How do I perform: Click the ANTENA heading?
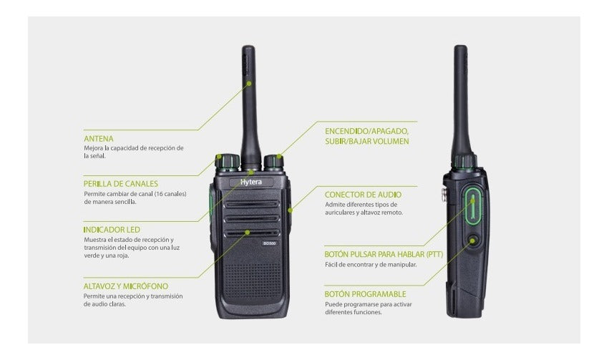(99, 139)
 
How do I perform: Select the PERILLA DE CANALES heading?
(121, 184)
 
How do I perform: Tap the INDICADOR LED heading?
(112, 230)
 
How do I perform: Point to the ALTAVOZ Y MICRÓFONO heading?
(126, 286)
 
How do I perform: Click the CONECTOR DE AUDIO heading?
(363, 195)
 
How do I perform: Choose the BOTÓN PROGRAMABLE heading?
(365, 294)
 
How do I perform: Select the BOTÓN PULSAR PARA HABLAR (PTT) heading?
(384, 254)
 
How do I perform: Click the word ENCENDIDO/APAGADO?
(366, 131)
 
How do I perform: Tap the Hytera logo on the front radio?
(251, 182)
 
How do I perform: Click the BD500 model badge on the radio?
(270, 243)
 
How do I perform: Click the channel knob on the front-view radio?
(228, 163)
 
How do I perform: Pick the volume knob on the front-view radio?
(274, 162)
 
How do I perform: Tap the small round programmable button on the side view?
(473, 240)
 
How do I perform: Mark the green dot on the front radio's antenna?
(249, 83)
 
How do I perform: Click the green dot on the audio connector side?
(290, 210)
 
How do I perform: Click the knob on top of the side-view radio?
(465, 162)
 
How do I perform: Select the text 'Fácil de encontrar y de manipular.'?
(371, 265)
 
